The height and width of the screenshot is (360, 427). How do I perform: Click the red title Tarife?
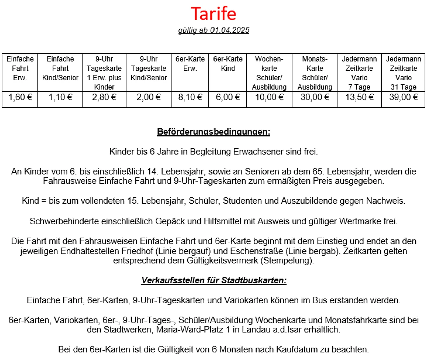pos(213,14)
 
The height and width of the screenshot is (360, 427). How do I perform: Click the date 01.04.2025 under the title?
pos(230,30)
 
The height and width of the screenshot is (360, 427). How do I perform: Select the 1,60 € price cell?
pos(20,97)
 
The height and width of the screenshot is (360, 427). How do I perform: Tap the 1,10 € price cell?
pos(60,97)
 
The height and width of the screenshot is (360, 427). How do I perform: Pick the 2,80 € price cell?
pos(104,97)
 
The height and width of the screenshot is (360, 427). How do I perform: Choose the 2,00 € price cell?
pos(149,97)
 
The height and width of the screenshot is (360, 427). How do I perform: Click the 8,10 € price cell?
pos(190,97)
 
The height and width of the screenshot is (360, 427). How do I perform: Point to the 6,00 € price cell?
pos(228,97)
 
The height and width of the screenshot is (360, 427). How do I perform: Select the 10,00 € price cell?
pos(269,97)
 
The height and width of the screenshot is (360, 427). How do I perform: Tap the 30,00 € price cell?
pos(315,97)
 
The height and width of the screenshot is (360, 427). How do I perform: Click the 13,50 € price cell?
pos(359,97)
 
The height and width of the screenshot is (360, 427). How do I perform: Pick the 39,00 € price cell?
pos(403,97)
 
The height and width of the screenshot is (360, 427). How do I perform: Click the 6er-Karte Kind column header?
pos(228,64)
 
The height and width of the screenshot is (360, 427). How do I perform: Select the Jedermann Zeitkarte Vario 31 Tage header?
pos(403,73)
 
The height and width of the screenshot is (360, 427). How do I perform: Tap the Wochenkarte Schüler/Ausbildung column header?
pos(269,73)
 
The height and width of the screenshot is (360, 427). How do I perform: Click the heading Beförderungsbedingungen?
pos(213,132)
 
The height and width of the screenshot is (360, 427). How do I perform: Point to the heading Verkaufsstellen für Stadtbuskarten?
pos(214,280)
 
